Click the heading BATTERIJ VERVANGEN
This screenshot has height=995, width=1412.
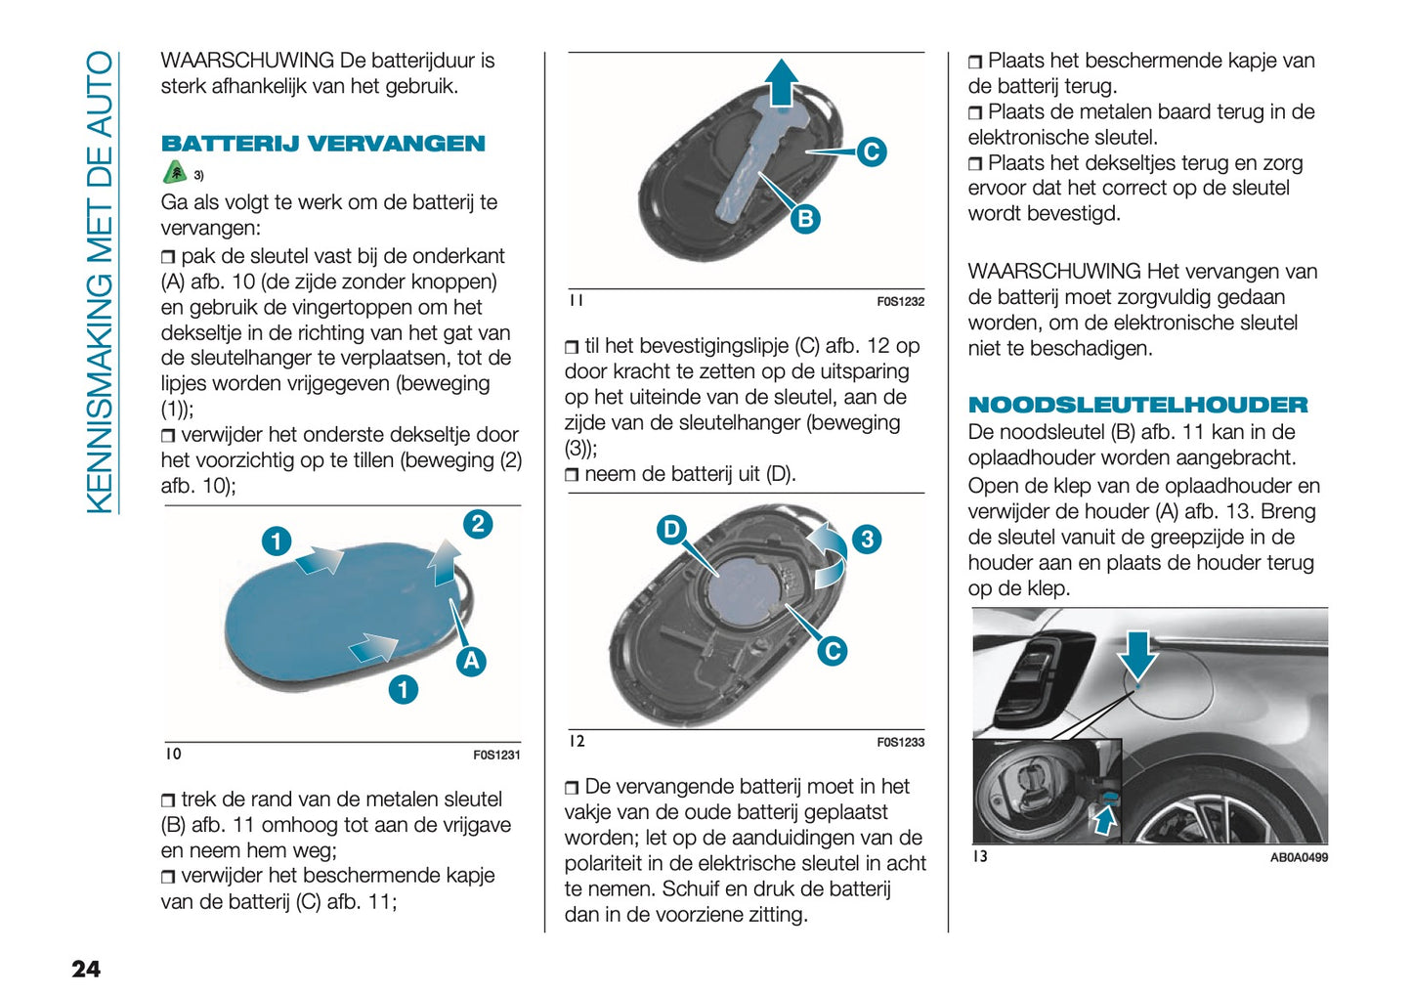coord(322,144)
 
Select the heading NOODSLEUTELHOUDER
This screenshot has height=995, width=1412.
coord(1136,405)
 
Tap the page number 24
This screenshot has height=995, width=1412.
coord(86,968)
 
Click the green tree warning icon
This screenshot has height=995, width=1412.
coord(174,173)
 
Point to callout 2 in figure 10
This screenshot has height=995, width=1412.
coord(477,524)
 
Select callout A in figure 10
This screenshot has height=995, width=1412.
coord(471,661)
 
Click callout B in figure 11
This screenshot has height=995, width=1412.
coord(804,219)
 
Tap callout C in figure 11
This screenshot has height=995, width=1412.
coord(871,151)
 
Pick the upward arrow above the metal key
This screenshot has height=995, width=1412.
coord(781,82)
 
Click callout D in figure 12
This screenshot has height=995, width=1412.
coord(671,530)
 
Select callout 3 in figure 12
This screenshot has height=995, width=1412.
coord(866,540)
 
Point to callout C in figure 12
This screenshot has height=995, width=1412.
coord(832,651)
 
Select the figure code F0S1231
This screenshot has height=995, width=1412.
coord(496,755)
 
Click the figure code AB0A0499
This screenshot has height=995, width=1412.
coord(1298,857)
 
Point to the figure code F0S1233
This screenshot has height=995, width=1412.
coord(900,743)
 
